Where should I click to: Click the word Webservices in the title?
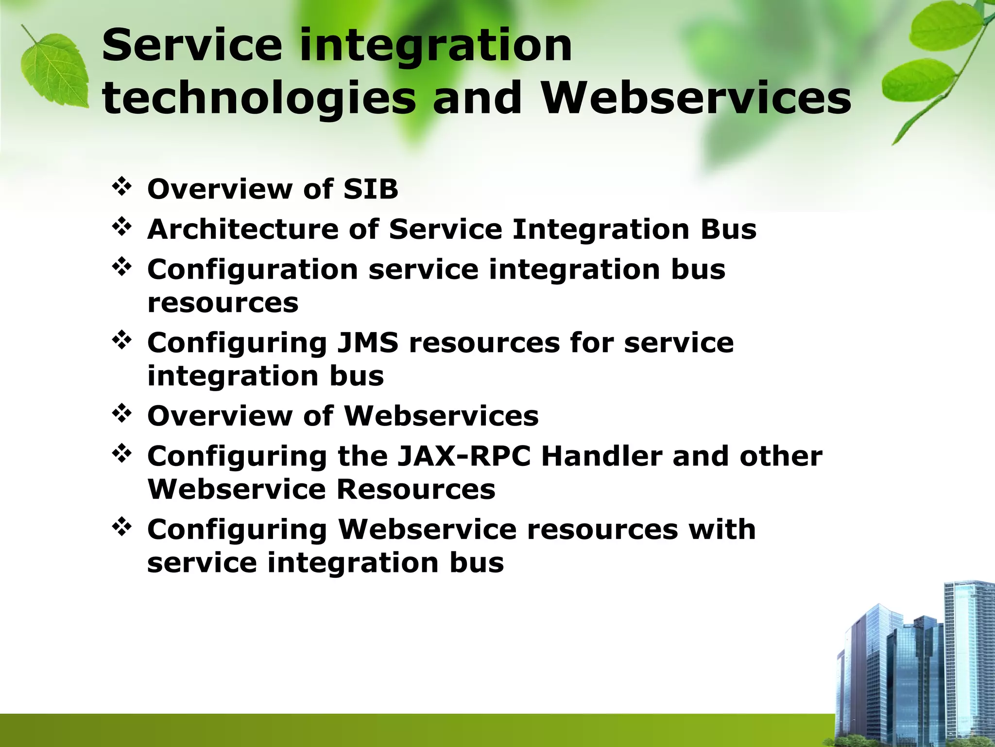(696, 99)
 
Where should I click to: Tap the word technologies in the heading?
(259, 99)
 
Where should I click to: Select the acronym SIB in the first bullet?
(370, 189)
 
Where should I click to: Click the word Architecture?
(242, 229)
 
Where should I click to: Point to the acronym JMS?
(367, 343)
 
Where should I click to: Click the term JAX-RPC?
(463, 457)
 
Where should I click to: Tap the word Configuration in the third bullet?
(253, 269)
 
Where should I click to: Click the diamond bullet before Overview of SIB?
(121, 187)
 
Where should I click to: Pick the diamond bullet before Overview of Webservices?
(121, 414)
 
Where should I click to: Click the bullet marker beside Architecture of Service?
(121, 227)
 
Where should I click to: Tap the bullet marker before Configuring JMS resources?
(121, 340)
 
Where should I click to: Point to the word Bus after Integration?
(728, 229)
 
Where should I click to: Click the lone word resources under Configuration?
(223, 303)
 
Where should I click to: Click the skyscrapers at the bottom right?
(913, 671)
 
